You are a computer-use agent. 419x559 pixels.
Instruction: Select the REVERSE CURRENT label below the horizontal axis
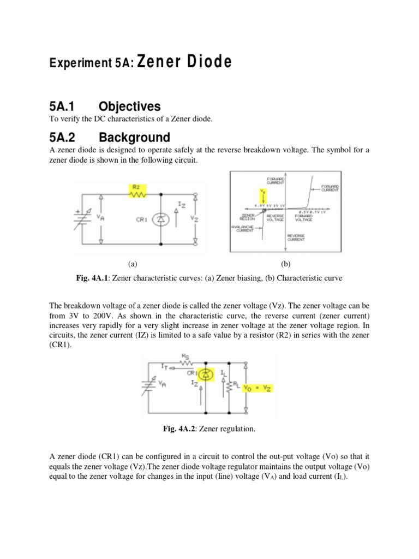(x=296, y=237)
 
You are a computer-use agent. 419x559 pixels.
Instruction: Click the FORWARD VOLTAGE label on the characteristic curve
(x=303, y=218)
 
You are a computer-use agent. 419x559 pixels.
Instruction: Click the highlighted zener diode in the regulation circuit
(x=206, y=375)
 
